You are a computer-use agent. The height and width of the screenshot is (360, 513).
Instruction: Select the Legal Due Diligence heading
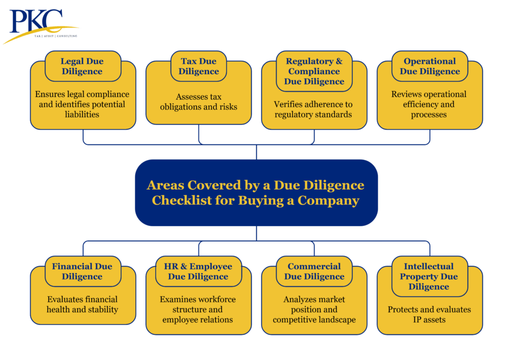82,66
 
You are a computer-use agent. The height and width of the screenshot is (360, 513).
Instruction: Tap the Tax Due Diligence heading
198,66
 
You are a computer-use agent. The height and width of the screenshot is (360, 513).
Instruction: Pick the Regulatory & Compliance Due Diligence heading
314,71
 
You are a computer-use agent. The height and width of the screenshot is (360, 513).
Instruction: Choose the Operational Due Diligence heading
429,66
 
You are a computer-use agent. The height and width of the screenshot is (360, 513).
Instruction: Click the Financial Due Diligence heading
82,271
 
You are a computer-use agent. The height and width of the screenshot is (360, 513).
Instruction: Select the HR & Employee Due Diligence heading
198,271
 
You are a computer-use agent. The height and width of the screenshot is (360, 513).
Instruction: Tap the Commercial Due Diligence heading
314,271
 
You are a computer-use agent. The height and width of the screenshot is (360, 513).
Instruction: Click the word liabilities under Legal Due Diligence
82,115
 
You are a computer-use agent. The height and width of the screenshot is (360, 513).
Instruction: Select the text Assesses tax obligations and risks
198,102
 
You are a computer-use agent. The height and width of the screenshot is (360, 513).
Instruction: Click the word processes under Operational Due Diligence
429,115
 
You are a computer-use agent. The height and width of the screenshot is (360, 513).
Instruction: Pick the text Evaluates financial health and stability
82,304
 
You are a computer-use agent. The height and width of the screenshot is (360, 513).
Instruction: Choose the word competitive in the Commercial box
293,320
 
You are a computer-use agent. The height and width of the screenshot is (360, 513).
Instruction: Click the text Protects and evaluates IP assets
429,314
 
